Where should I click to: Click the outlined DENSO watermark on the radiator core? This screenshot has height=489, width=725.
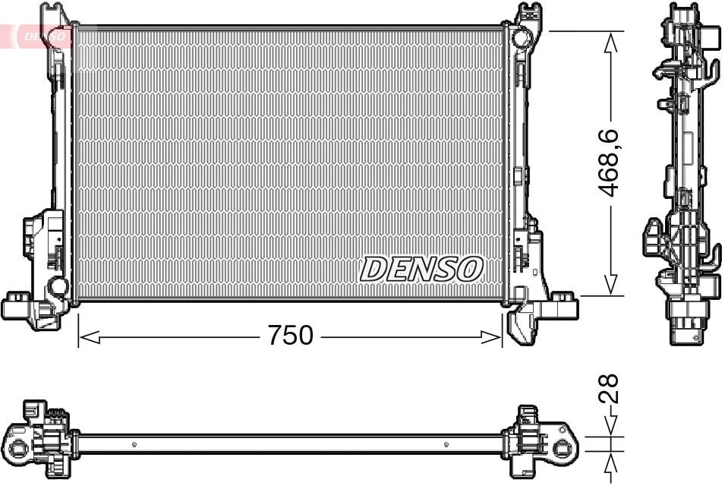coord(421,268)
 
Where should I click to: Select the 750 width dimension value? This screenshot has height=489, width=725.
coord(290,335)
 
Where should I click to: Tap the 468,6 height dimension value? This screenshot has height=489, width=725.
coord(611,163)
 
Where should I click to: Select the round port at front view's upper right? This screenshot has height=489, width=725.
coord(519,36)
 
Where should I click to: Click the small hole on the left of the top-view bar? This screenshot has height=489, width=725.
coord(134,444)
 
